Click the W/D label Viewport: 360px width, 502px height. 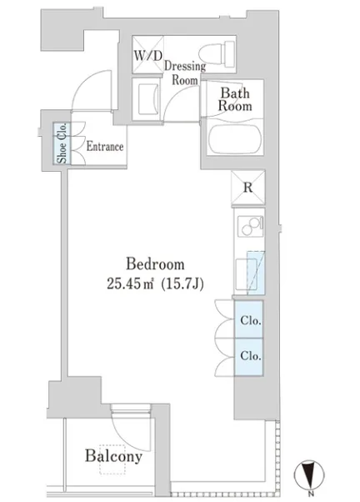pyautogui.click(x=147, y=56)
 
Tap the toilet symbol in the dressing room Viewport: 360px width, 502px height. pyautogui.click(x=217, y=54)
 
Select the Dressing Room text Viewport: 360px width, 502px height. pyautogui.click(x=185, y=73)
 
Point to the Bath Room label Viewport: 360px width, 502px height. pyautogui.click(x=235, y=99)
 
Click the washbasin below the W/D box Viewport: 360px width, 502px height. pyautogui.click(x=147, y=99)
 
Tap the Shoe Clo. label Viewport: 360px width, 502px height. pyautogui.click(x=62, y=143)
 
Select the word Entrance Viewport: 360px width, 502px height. pyautogui.click(x=105, y=147)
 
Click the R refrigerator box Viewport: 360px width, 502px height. pyautogui.click(x=248, y=188)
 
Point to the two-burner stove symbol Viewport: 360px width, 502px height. pyautogui.click(x=251, y=226)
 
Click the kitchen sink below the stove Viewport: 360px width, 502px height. pyautogui.click(x=247, y=274)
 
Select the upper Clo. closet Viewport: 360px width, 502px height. pyautogui.click(x=248, y=319)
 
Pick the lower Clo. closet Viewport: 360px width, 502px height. pyautogui.click(x=248, y=357)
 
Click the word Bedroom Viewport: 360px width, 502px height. pyautogui.click(x=155, y=264)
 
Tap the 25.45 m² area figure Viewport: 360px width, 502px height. pyautogui.click(x=130, y=284)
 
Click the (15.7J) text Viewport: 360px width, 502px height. pyautogui.click(x=182, y=284)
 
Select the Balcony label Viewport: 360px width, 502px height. pyautogui.click(x=113, y=456)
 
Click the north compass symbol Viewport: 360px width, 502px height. pyautogui.click(x=309, y=474)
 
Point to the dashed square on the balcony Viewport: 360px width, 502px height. pyautogui.click(x=112, y=459)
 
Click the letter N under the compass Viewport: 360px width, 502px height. pyautogui.click(x=310, y=493)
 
